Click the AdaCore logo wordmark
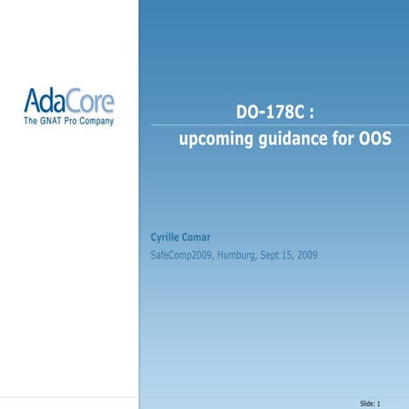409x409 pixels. (69, 102)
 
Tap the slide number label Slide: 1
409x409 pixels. (369, 401)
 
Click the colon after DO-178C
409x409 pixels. (314, 114)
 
